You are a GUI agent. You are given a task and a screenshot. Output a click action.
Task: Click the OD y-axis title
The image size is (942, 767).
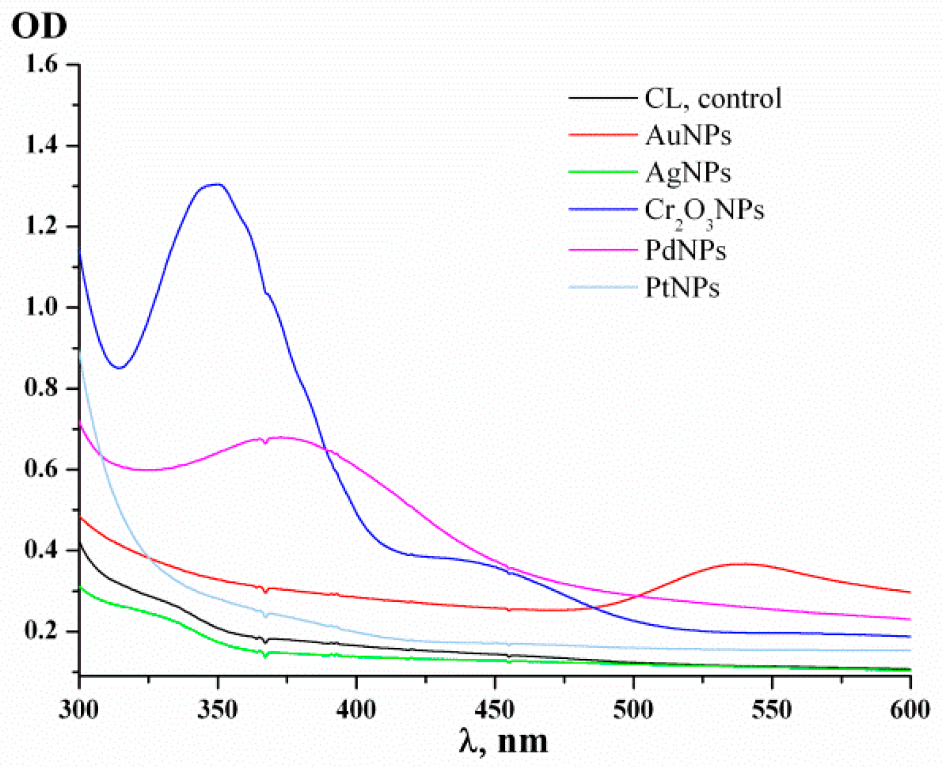click(39, 26)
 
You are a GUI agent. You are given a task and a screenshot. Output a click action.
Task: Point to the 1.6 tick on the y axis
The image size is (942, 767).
click(41, 64)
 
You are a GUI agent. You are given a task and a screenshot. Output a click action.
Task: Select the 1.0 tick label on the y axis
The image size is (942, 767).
click(41, 307)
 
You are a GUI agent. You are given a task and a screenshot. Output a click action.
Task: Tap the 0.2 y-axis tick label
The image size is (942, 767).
click(41, 631)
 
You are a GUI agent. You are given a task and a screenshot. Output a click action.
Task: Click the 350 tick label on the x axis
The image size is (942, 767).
click(217, 709)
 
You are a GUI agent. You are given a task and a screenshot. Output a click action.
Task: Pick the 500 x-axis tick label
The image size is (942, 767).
click(633, 709)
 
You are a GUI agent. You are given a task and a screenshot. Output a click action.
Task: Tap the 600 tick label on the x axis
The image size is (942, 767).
click(909, 709)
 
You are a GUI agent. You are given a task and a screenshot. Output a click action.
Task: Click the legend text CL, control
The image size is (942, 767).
click(713, 99)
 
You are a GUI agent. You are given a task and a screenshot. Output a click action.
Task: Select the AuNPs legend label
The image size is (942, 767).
click(688, 135)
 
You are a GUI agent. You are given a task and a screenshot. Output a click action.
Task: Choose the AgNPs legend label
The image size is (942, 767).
click(688, 173)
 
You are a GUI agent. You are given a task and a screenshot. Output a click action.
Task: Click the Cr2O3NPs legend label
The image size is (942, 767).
click(704, 210)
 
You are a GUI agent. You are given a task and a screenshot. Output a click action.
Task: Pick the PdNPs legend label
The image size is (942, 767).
click(686, 250)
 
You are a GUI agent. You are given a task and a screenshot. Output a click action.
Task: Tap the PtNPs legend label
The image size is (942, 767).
click(682, 288)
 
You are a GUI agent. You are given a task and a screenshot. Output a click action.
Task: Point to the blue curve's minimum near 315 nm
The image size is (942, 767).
click(119, 368)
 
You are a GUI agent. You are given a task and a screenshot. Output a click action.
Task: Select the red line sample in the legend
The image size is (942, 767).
click(603, 135)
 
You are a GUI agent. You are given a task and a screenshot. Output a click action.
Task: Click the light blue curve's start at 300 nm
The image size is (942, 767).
click(80, 350)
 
